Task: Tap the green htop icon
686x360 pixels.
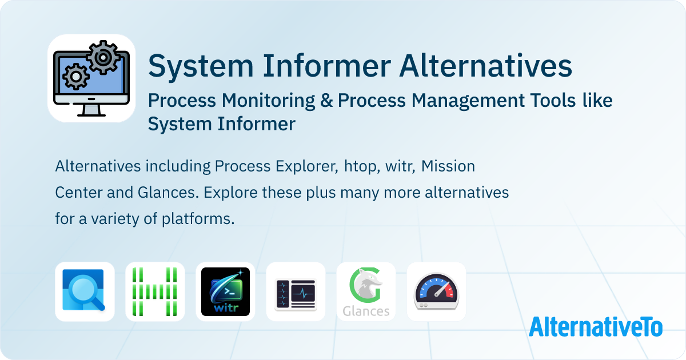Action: tap(155, 291)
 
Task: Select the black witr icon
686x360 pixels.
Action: tap(225, 291)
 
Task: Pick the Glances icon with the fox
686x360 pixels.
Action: tap(366, 291)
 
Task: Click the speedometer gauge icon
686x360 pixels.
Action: tap(436, 291)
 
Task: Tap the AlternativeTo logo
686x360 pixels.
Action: tap(596, 327)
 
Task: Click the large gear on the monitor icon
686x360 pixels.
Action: tap(103, 57)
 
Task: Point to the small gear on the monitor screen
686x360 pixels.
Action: tap(76, 76)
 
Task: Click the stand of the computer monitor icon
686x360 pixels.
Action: tap(91, 110)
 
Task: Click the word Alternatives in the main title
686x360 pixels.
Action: tap(486, 66)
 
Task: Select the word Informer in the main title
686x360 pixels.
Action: tap(327, 66)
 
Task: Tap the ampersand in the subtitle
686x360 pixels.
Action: tap(326, 101)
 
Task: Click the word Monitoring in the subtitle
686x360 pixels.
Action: tap(268, 101)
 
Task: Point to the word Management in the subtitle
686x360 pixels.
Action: tap(468, 101)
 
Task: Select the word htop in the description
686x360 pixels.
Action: tap(362, 166)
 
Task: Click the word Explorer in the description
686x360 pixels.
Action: tap(307, 166)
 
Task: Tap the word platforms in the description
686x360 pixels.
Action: tap(198, 219)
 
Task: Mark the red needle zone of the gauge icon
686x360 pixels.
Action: tap(449, 291)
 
